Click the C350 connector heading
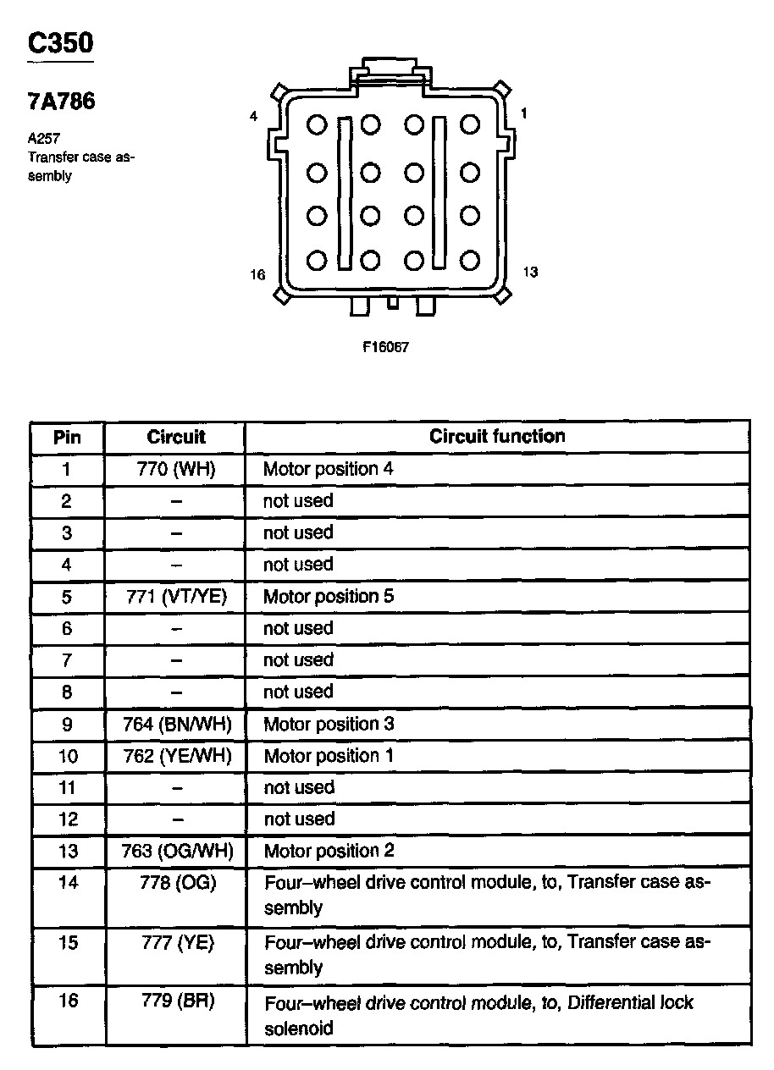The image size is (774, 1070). pyautogui.click(x=59, y=44)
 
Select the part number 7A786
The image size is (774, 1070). pyautogui.click(x=62, y=102)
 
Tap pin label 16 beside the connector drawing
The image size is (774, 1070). pyautogui.click(x=257, y=274)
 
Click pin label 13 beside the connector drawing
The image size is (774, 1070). pyautogui.click(x=530, y=273)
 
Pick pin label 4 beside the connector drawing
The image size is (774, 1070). pyautogui.click(x=253, y=117)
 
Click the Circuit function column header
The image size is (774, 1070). pyautogui.click(x=497, y=437)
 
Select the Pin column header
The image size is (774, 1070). pyautogui.click(x=68, y=438)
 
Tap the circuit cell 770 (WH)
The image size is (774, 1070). pyautogui.click(x=176, y=469)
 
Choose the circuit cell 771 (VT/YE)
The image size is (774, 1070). pyautogui.click(x=176, y=597)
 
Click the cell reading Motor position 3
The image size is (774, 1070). pyautogui.click(x=329, y=725)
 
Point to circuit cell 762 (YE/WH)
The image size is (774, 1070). pyautogui.click(x=176, y=756)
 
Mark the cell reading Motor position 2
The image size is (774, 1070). pyautogui.click(x=329, y=852)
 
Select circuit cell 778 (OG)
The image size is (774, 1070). pyautogui.click(x=176, y=883)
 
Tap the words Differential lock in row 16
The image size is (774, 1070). pyautogui.click(x=630, y=1003)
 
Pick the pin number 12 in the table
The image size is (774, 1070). pyautogui.click(x=68, y=819)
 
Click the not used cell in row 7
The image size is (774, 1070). pyautogui.click(x=298, y=660)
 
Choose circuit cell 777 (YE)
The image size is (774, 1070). pyautogui.click(x=176, y=943)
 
